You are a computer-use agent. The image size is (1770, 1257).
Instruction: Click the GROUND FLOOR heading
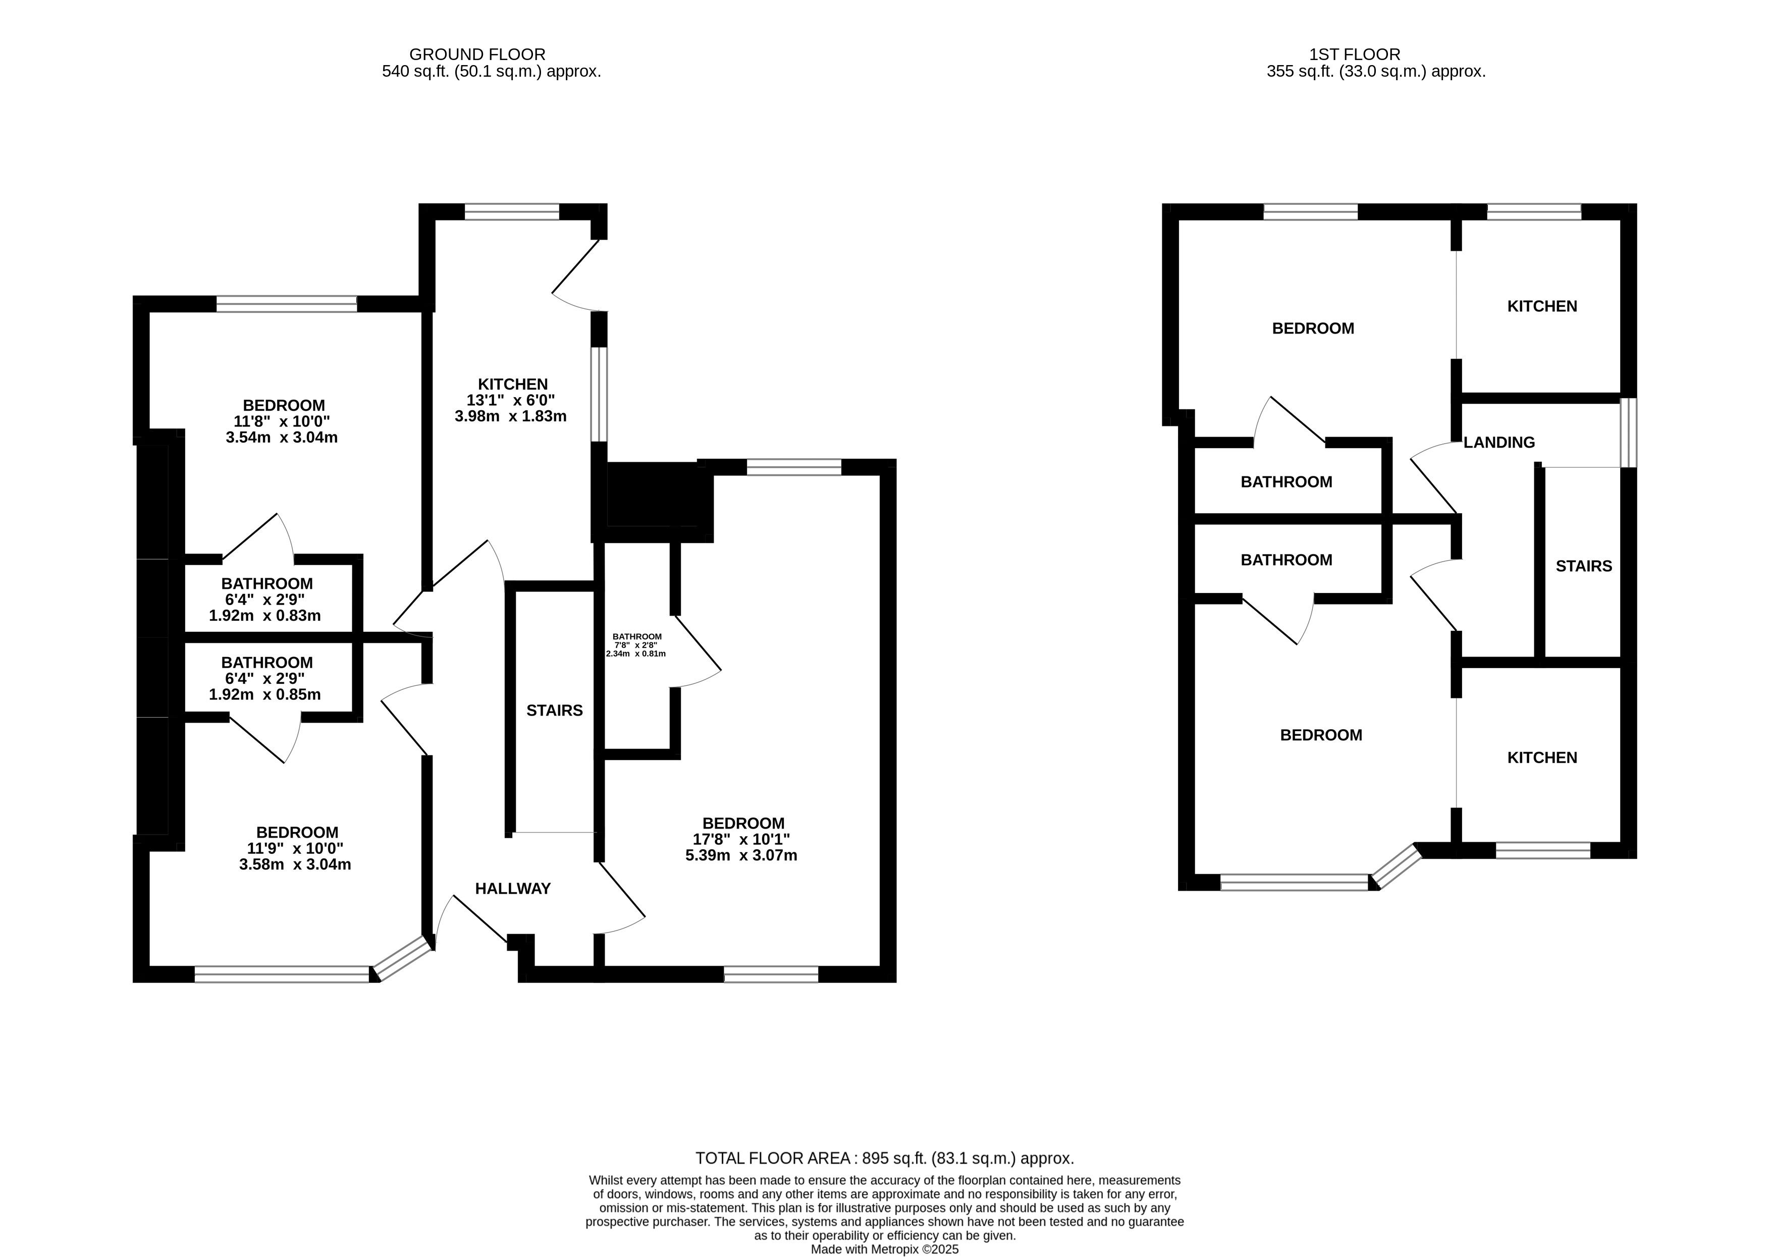[x=477, y=54]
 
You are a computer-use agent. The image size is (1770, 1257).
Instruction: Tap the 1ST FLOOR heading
[x=1355, y=54]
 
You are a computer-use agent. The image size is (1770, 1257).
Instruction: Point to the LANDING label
[x=1499, y=442]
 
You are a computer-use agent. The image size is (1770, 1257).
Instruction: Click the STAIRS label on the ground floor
[x=554, y=711]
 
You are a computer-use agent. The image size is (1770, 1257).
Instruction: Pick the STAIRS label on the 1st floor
[x=1583, y=566]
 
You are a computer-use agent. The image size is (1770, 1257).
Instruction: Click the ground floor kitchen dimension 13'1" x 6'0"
[x=511, y=400]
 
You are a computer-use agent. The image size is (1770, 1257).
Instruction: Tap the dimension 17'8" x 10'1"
[x=741, y=839]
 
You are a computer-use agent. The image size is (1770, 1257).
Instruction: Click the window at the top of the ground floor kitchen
[x=512, y=212]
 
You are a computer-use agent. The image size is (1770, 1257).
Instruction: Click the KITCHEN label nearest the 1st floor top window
[x=1542, y=306]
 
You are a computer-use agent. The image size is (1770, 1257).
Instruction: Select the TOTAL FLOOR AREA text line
[x=885, y=1158]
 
